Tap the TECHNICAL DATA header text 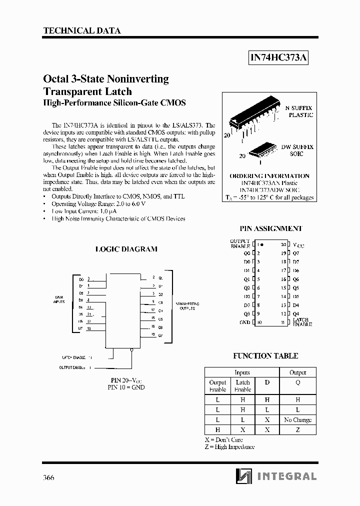82,30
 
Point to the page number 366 48,477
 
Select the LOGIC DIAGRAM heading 126,248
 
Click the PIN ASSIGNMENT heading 270,228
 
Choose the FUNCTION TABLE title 265,356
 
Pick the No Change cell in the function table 297,420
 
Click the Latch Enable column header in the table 242,385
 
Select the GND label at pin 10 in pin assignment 244,322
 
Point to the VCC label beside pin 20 298,245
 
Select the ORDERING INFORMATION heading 269,176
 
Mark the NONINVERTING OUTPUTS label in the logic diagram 187,306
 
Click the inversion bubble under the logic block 131,350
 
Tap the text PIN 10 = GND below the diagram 126,387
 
